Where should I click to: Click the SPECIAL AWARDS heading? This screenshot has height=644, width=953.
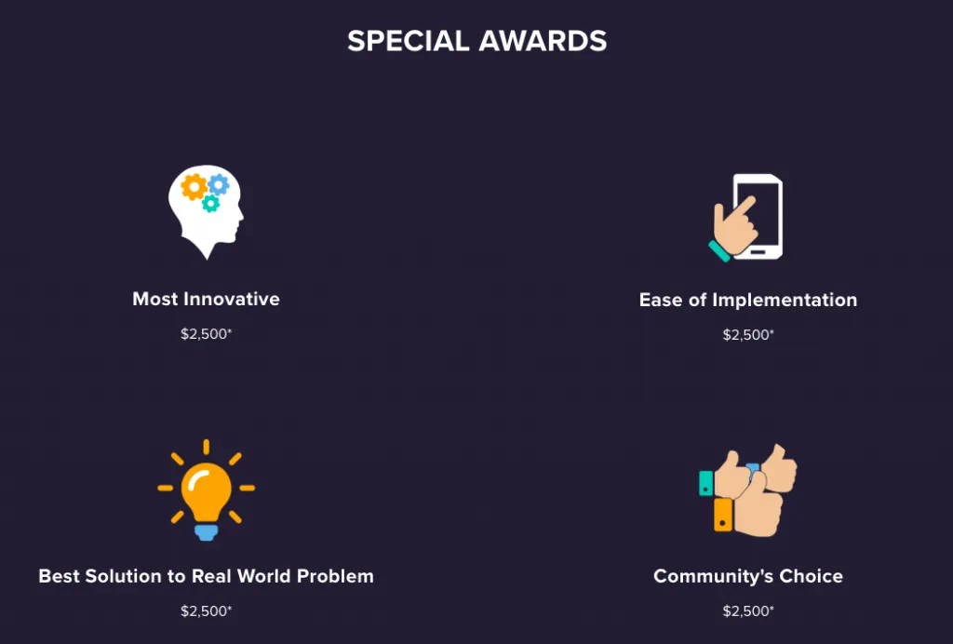click(x=476, y=41)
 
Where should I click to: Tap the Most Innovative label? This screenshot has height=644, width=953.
click(x=206, y=299)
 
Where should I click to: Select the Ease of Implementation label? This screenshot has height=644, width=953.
click(x=747, y=300)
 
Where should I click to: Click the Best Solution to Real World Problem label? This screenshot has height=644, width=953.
click(x=206, y=576)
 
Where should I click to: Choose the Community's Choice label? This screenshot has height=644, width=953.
click(x=747, y=576)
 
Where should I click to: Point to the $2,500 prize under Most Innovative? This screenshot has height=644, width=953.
click(x=205, y=333)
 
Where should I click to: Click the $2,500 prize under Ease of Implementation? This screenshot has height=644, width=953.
click(x=746, y=334)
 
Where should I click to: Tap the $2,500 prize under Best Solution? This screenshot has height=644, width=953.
click(x=205, y=610)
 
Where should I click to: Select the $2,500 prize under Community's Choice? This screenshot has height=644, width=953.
click(x=746, y=610)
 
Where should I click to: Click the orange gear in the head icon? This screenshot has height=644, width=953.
click(x=194, y=187)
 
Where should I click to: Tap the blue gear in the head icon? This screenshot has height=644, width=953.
click(x=219, y=184)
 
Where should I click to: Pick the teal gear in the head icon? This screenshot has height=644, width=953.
click(x=211, y=204)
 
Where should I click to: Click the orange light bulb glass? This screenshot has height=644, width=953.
click(x=206, y=489)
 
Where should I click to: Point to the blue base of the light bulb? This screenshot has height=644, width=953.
click(x=206, y=532)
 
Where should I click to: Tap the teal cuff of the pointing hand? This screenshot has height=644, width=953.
click(x=718, y=249)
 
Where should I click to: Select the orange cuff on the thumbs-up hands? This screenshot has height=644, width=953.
click(x=723, y=515)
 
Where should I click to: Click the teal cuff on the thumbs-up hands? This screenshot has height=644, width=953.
click(x=706, y=483)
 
